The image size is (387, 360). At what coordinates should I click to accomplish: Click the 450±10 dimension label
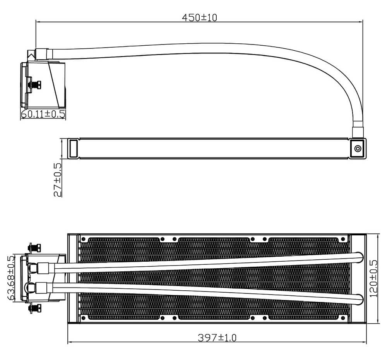click(x=199, y=17)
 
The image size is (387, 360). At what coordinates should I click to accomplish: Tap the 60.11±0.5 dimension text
click(x=43, y=114)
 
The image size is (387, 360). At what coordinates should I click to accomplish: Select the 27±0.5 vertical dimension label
click(x=58, y=180)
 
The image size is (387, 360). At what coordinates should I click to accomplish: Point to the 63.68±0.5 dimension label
click(x=11, y=278)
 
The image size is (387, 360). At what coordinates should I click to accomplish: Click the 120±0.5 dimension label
click(x=373, y=278)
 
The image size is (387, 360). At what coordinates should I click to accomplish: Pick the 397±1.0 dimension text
click(x=217, y=338)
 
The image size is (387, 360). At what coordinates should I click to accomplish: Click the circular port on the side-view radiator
click(x=358, y=149)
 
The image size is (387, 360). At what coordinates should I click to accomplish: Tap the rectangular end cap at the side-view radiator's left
click(x=73, y=148)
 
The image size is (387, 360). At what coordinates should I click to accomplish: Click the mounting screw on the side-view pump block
click(x=35, y=85)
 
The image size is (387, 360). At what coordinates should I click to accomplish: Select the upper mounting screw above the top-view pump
click(x=34, y=248)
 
